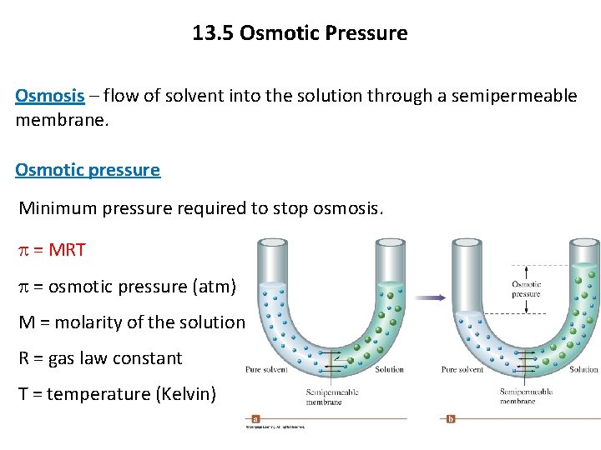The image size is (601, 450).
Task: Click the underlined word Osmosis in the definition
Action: [50, 96]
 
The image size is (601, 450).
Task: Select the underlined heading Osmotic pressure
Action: [88, 170]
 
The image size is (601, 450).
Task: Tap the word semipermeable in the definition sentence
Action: [513, 96]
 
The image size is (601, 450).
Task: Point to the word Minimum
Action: [57, 207]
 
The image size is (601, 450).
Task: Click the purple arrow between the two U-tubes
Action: [431, 296]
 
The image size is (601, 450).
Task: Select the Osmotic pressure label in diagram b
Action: [526, 289]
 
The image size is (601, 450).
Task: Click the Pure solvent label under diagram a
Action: [266, 369]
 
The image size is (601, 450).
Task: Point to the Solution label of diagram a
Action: [389, 369]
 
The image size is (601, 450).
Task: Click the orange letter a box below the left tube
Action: [255, 419]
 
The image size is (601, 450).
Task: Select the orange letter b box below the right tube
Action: [451, 419]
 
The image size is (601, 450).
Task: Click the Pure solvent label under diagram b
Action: [462, 369]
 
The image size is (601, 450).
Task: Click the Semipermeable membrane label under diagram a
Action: [323, 397]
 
